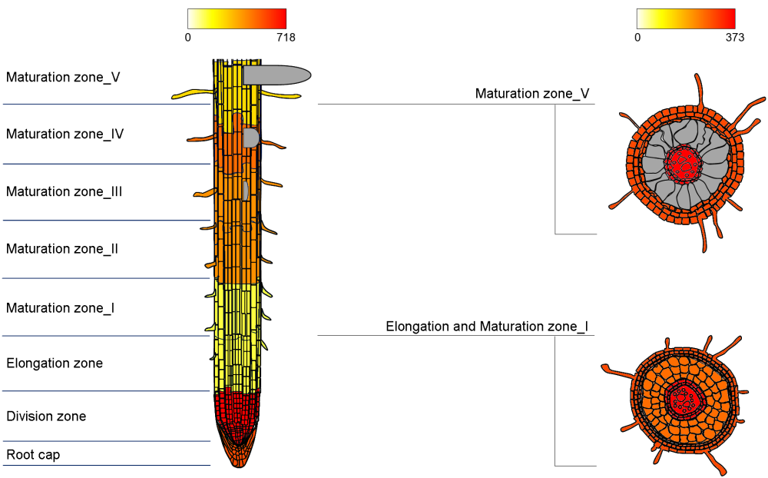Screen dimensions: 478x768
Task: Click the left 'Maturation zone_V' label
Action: point(63,78)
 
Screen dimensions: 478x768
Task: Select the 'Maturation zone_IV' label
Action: point(65,134)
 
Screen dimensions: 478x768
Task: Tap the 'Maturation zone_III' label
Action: point(65,192)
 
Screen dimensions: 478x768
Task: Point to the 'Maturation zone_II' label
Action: point(62,249)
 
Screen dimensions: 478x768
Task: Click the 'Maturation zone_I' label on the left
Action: point(61,308)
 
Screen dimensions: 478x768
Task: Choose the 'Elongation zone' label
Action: point(55,363)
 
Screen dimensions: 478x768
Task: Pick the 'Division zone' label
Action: point(46,417)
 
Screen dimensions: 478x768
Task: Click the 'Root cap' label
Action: point(33,455)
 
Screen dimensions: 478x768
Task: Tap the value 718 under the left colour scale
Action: point(286,37)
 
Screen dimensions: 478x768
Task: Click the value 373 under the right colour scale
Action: point(734,37)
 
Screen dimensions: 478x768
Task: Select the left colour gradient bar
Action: point(237,18)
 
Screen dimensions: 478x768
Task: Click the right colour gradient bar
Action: point(686,18)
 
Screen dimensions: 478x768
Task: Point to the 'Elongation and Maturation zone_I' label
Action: point(487,327)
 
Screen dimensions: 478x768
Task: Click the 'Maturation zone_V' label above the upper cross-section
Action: point(532,94)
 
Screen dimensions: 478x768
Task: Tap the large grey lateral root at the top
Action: point(276,75)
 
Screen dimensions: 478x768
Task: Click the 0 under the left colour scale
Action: point(188,37)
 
